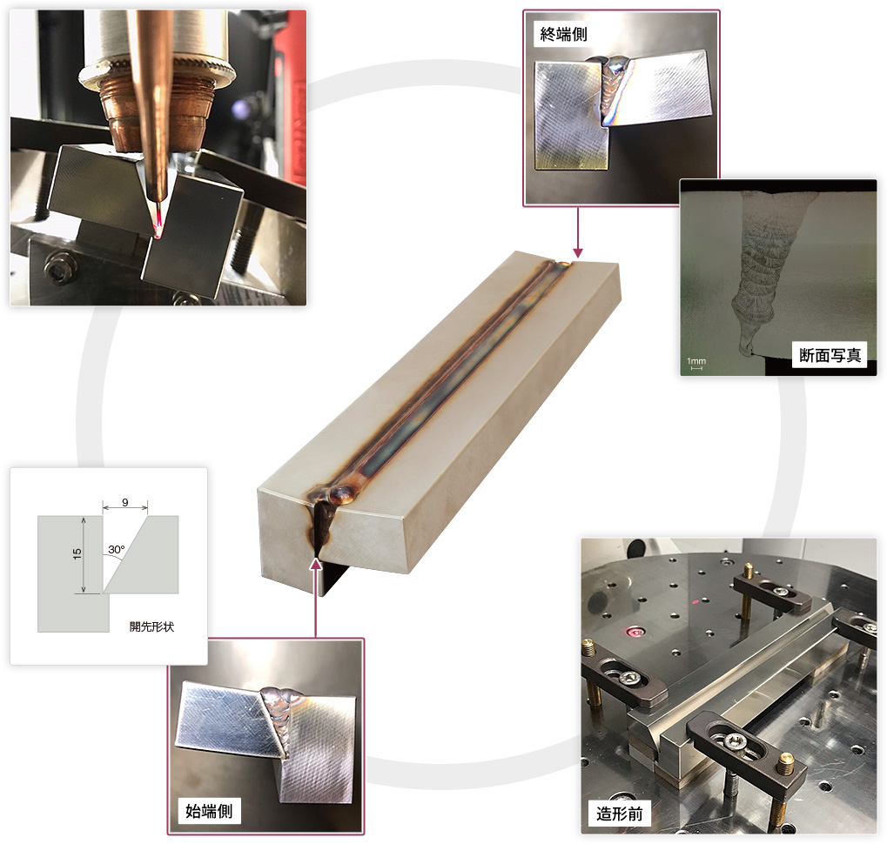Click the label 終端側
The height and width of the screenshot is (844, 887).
563,35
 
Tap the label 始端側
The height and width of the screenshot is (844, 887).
209,811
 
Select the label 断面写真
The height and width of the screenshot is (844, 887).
830,355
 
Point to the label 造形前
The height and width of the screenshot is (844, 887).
620,814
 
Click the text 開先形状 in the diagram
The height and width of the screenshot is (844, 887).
151,626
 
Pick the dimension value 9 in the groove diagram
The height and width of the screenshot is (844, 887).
125,502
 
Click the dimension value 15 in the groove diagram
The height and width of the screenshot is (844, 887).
77,554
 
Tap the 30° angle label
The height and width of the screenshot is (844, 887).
117,549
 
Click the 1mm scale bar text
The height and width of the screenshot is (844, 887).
696,361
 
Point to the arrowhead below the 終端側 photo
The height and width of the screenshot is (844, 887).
578,252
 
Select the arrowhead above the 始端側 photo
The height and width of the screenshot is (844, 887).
316,563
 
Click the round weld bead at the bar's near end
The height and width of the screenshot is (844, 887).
343,495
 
